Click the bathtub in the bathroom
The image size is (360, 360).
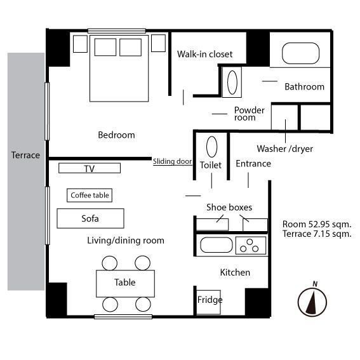[300, 53]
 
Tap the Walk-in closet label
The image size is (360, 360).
[204, 54]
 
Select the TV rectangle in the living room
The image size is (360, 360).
[90, 168]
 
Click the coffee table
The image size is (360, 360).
[90, 196]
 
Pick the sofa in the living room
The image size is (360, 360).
[90, 218]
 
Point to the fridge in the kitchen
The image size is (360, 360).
[209, 302]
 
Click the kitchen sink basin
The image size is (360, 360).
[217, 244]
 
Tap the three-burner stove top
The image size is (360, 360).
[251, 246]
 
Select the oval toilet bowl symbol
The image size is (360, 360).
[211, 147]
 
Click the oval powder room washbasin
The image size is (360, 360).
[232, 82]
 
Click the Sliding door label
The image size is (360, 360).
[173, 161]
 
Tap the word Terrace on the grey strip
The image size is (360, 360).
[25, 155]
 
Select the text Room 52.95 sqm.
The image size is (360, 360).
[317, 224]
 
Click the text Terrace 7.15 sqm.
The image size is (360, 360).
[317, 234]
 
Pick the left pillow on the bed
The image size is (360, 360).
[105, 47]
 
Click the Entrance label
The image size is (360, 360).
[253, 164]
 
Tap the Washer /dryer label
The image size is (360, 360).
[284, 149]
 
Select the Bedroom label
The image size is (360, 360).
[116, 135]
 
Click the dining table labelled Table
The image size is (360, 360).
[125, 284]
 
